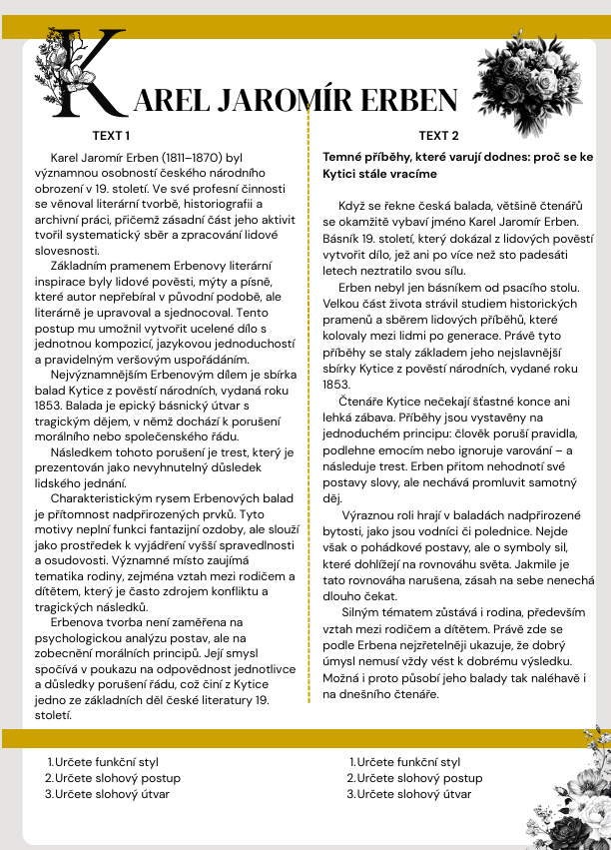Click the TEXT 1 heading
click(111, 136)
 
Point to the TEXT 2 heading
click(438, 136)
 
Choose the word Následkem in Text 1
click(84, 451)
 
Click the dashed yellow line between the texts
click(308, 400)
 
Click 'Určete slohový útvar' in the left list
click(112, 794)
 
